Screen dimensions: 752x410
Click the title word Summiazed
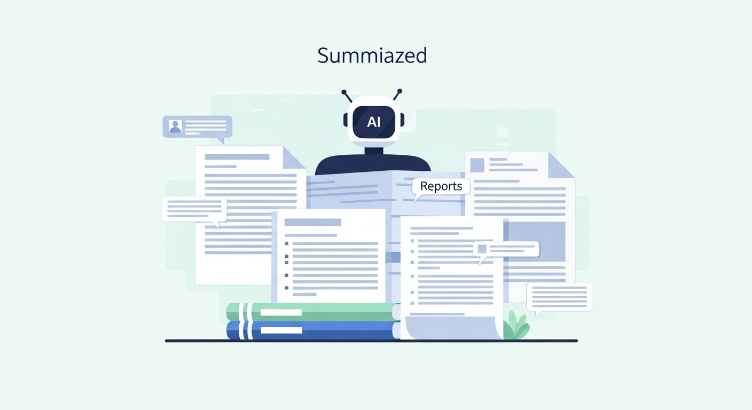click(372, 56)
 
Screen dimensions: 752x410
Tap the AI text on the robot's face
click(374, 122)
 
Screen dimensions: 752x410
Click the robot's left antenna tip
click(344, 92)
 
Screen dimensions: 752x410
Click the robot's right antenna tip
click(399, 91)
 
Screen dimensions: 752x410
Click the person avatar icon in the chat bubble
click(175, 127)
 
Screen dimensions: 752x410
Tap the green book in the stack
click(313, 312)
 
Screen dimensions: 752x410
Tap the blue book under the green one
click(313, 330)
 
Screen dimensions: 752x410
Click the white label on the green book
click(281, 312)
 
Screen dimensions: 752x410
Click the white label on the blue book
click(281, 330)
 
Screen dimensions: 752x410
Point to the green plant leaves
click(516, 326)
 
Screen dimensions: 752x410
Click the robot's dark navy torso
click(373, 164)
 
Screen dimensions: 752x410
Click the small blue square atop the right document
click(477, 165)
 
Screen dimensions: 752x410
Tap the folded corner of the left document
click(294, 157)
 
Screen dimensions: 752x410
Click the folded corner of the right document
click(561, 165)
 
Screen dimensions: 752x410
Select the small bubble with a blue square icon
click(506, 250)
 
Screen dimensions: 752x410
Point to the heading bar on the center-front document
click(312, 222)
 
